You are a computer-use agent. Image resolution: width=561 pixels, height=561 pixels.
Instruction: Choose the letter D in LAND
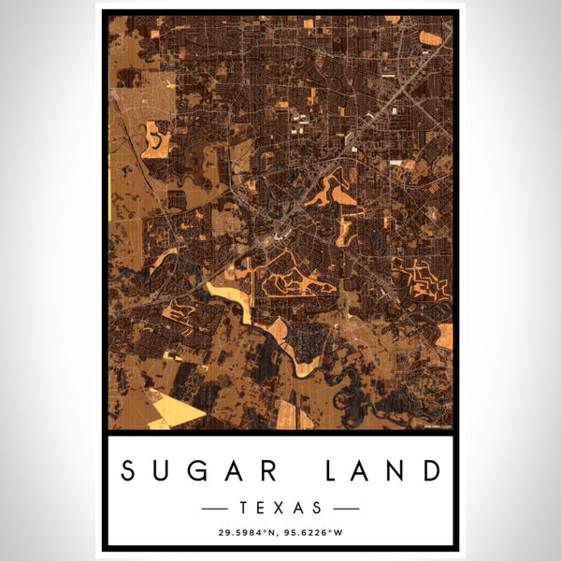click(430, 470)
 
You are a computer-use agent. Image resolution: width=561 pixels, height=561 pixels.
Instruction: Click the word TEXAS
click(280, 509)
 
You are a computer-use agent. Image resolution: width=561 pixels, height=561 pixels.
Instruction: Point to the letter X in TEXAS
click(280, 509)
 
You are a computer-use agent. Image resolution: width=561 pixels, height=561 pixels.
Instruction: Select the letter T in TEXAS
click(245, 509)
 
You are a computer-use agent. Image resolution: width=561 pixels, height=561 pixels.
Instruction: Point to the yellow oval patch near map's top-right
click(432, 37)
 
